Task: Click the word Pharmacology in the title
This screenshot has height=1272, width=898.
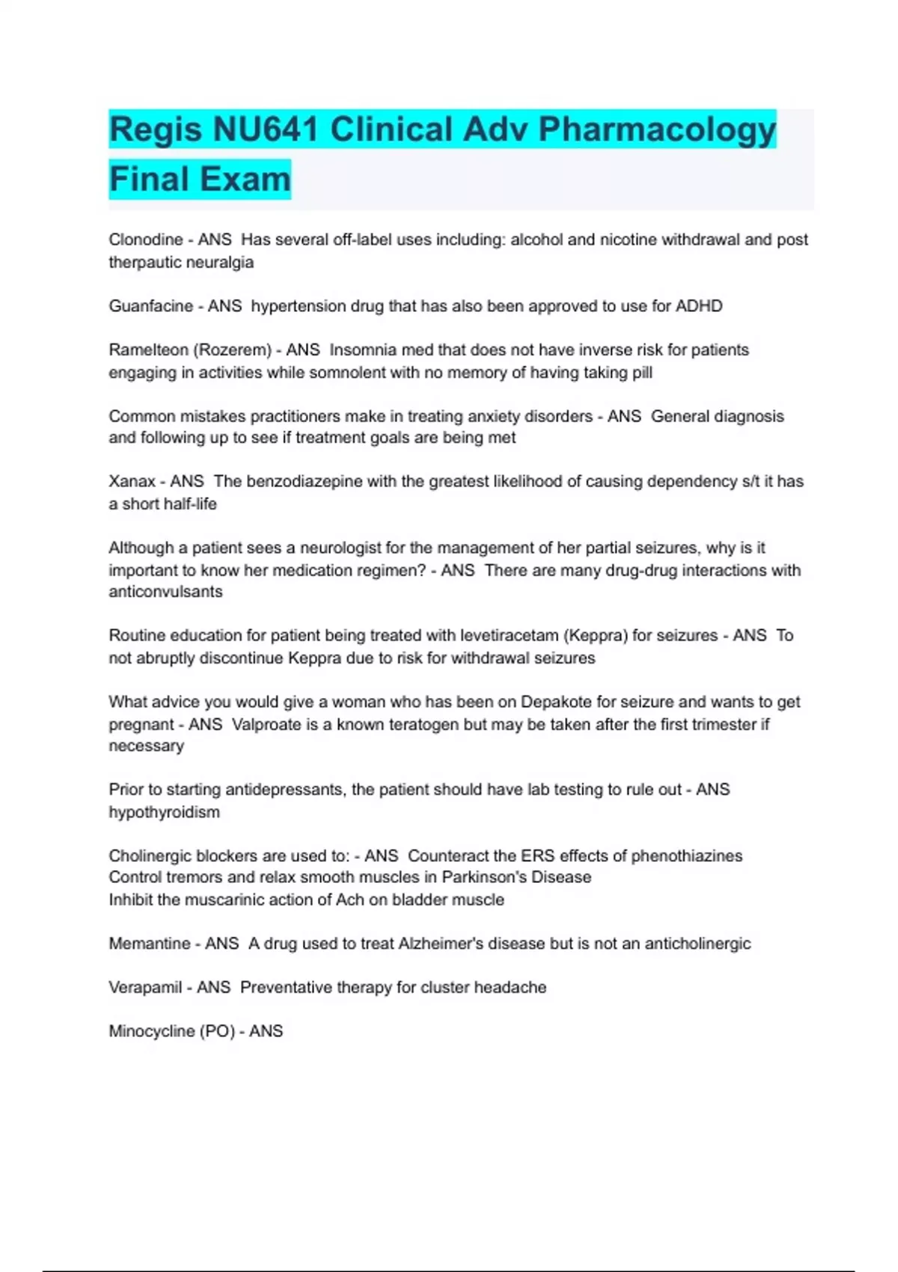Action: pos(657,129)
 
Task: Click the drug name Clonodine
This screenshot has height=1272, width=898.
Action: pos(146,239)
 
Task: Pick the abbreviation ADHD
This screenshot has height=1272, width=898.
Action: pos(699,306)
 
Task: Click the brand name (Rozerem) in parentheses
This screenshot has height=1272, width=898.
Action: pos(232,350)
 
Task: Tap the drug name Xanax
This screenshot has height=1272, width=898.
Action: pos(132,482)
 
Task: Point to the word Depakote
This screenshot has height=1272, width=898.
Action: pos(560,702)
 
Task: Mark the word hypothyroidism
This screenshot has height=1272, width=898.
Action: pos(165,813)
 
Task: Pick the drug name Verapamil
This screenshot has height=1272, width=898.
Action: pos(145,988)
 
